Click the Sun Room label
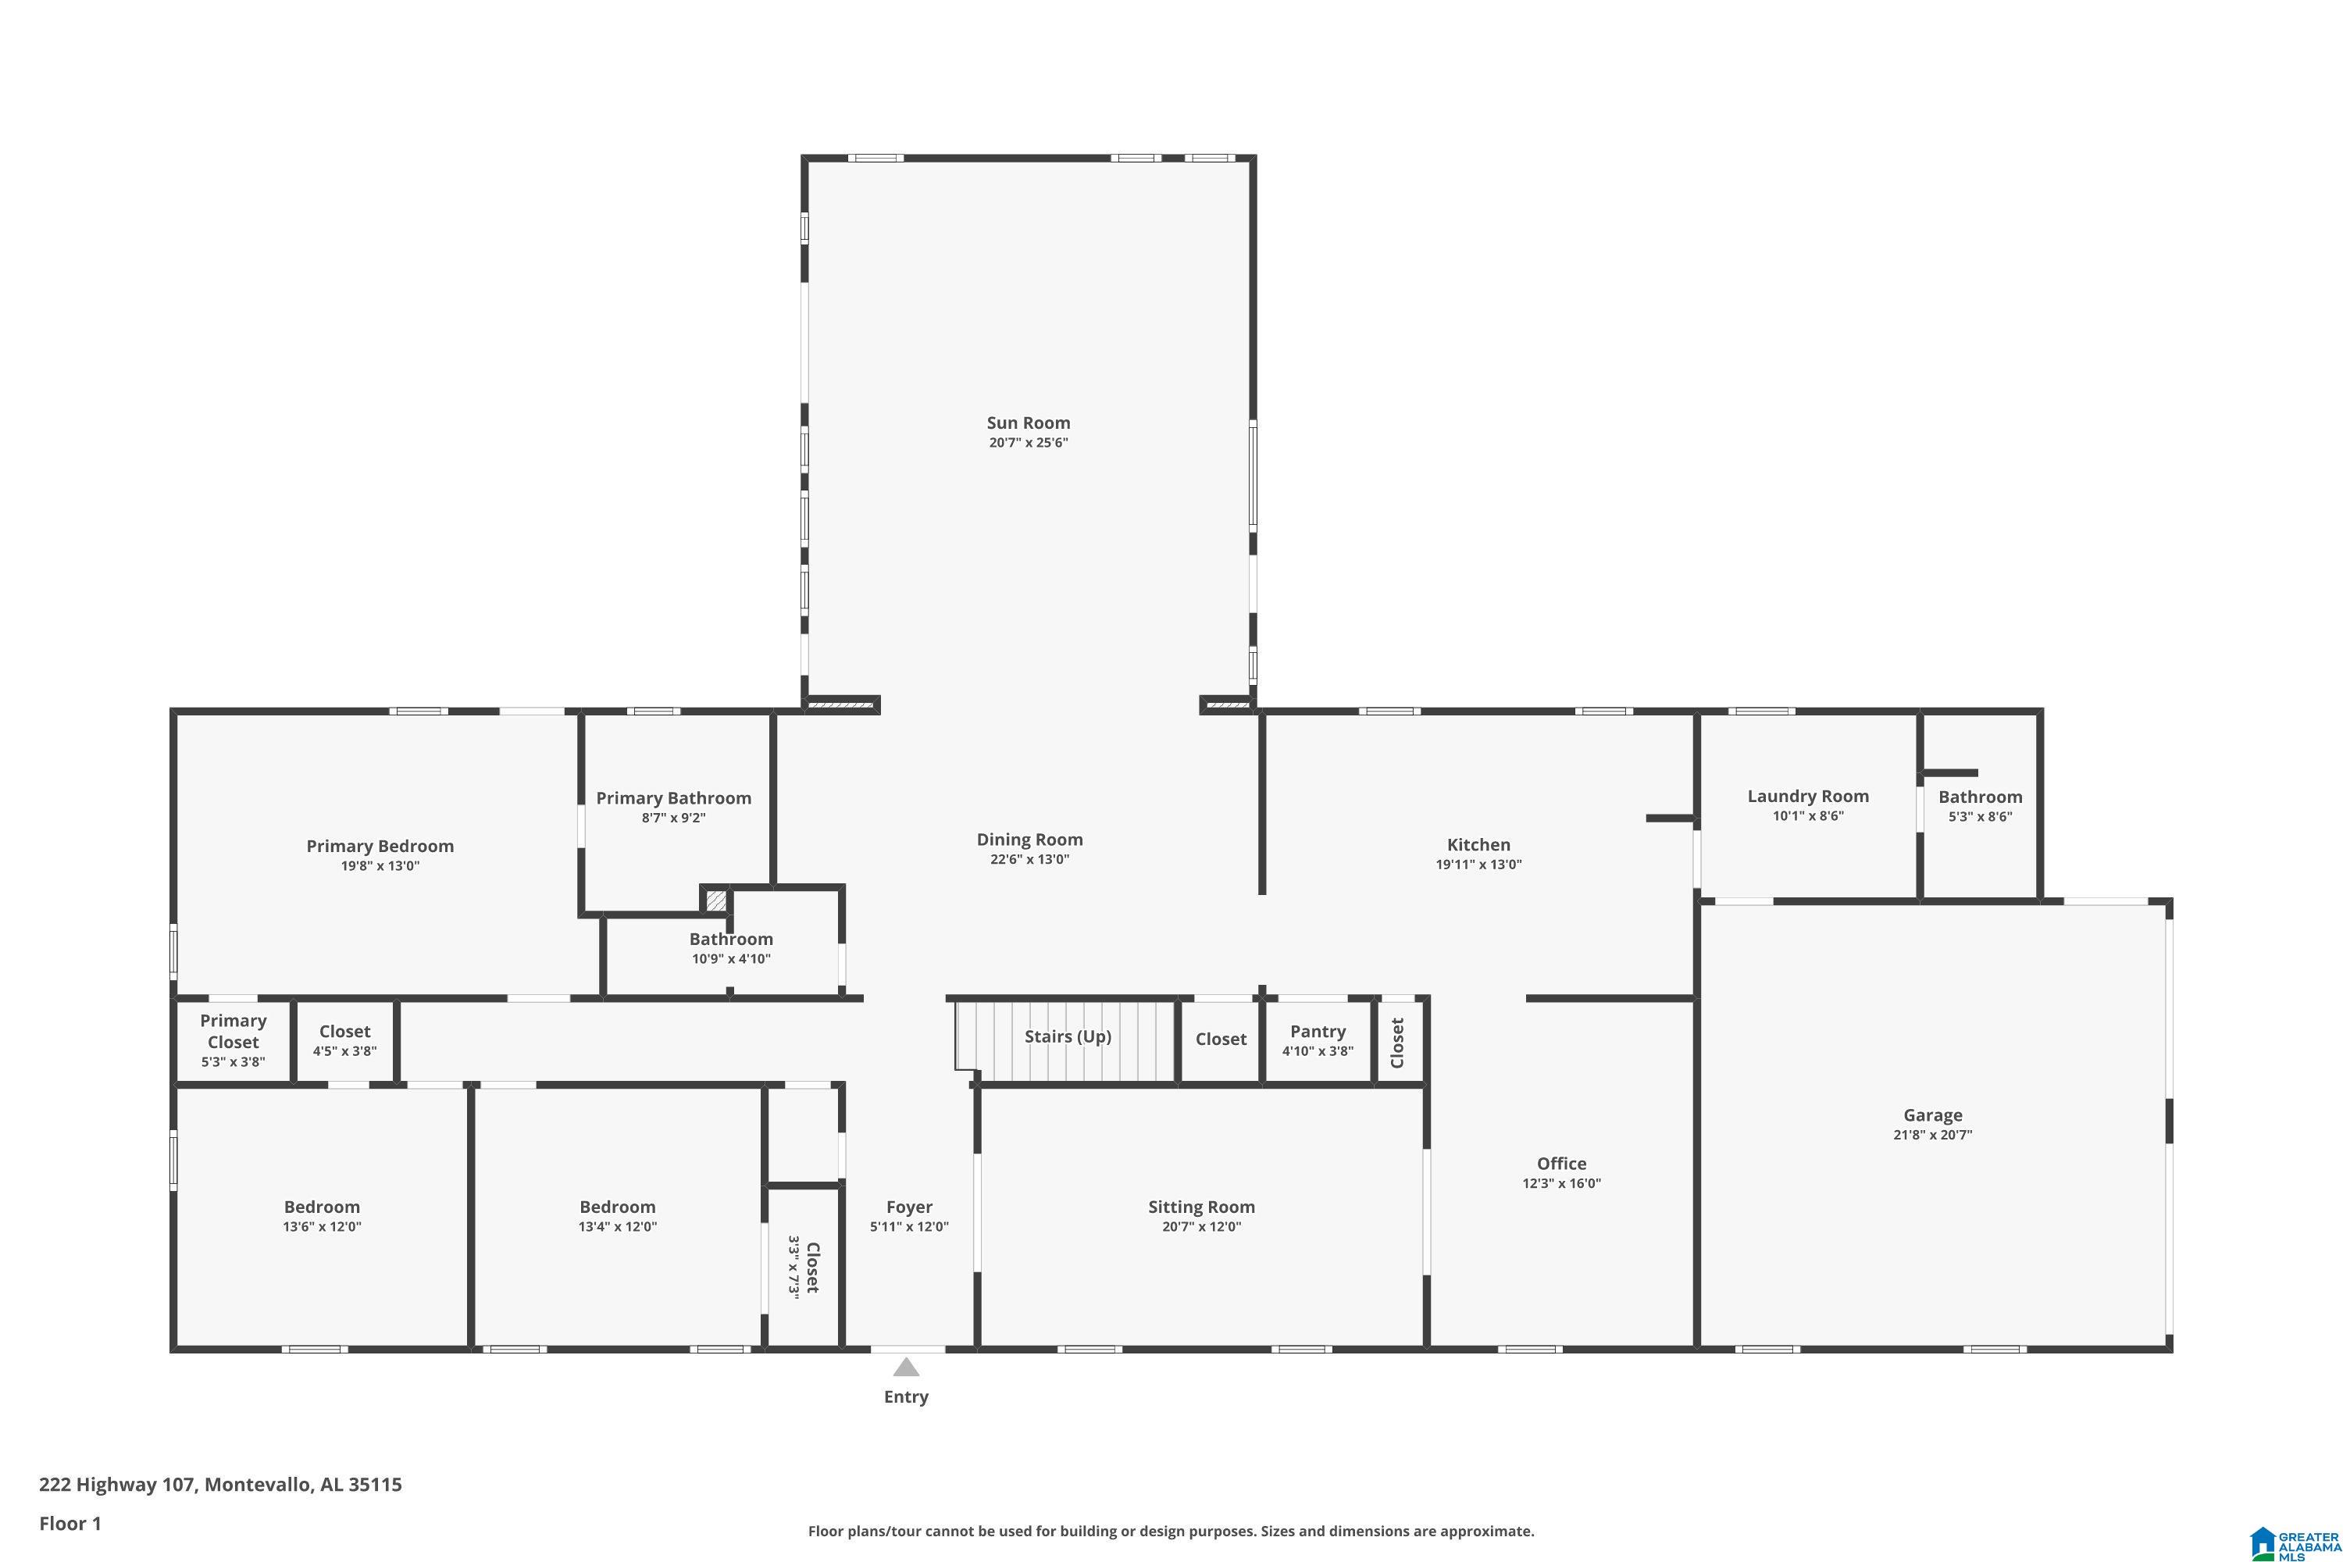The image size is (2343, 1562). click(x=1028, y=423)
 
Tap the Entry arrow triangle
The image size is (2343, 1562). click(x=905, y=1367)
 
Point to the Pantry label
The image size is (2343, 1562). click(x=1317, y=1032)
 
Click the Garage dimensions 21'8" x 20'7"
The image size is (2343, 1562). click(x=1932, y=1135)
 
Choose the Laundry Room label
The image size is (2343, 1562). click(x=1807, y=796)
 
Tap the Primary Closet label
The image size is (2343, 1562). click(x=233, y=1031)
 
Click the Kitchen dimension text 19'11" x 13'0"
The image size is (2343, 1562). click(x=1478, y=865)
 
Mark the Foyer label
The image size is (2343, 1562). click(x=908, y=1207)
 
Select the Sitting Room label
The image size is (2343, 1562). click(x=1201, y=1207)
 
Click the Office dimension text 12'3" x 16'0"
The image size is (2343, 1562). click(x=1561, y=1183)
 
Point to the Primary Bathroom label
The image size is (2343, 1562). click(x=673, y=798)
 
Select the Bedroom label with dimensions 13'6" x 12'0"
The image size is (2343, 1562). click(x=322, y=1207)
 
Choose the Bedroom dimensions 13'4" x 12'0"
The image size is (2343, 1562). click(x=618, y=1227)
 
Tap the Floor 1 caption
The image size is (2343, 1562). click(x=70, y=1523)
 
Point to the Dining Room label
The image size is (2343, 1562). click(x=1029, y=840)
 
